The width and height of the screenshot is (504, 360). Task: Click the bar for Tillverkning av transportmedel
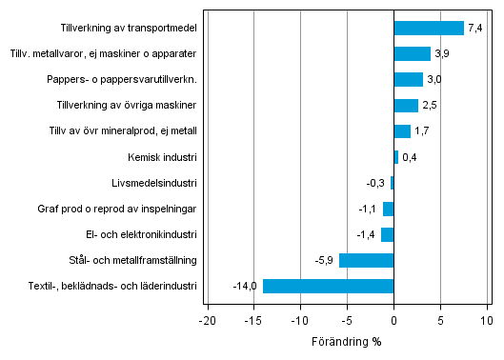point(429,29)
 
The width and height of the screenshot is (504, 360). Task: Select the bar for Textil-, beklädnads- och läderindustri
point(328,286)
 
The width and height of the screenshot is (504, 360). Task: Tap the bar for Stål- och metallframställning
point(366,260)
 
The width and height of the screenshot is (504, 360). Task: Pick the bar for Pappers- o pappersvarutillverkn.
point(408,80)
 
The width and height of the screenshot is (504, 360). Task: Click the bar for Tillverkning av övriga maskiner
point(406,106)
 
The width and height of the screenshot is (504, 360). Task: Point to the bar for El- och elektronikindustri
point(387,234)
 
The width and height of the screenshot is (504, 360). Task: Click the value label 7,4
point(474,29)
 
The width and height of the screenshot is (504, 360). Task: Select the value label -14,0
point(246,286)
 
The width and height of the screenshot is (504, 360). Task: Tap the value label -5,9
point(324,260)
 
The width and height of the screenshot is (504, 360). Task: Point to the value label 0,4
point(411,157)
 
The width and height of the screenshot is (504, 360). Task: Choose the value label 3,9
point(442,54)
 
